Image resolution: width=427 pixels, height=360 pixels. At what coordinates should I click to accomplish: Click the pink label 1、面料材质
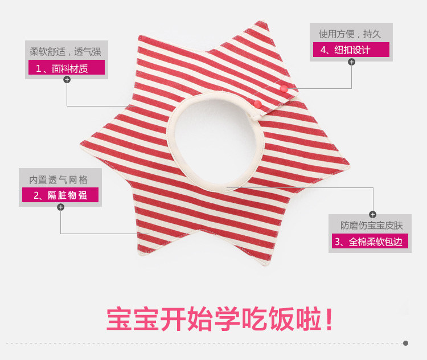(66, 68)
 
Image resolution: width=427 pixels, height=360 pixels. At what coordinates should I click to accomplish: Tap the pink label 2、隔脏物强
(60, 195)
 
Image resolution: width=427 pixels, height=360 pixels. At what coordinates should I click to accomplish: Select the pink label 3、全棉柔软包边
(369, 242)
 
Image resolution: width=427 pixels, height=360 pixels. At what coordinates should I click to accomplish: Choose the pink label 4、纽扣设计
(350, 50)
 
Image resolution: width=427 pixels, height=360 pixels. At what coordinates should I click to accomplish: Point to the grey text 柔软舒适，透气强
(67, 52)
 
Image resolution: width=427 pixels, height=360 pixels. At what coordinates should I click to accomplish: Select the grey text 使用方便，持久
(351, 33)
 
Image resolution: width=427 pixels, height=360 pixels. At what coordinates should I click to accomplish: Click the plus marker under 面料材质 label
(67, 80)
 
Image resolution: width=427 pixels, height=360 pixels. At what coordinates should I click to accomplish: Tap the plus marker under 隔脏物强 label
(61, 207)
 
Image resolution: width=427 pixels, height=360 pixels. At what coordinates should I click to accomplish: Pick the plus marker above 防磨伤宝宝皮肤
(372, 214)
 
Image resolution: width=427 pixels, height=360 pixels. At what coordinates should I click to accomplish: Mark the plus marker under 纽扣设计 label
(351, 62)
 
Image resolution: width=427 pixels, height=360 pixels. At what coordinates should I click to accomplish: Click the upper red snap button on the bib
(282, 89)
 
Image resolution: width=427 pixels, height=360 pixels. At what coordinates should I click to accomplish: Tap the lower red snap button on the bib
(257, 104)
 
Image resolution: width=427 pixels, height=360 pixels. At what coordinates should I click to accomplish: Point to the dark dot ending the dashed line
(405, 343)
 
